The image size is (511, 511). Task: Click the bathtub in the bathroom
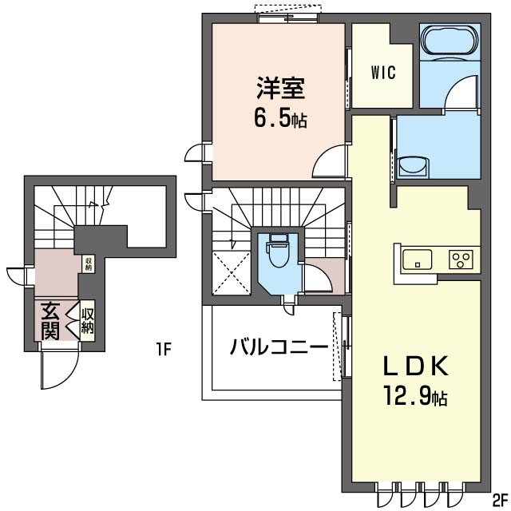[450, 42]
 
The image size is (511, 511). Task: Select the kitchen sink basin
[417, 259]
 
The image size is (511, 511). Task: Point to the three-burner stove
[461, 259]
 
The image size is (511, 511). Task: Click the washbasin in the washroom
[413, 167]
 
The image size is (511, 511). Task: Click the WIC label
[383, 73]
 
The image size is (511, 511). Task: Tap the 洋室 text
[280, 87]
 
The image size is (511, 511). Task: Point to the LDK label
[416, 366]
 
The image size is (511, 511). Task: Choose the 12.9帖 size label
[415, 395]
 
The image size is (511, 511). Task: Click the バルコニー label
[279, 347]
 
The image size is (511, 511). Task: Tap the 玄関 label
[50, 321]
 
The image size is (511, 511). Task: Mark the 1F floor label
[163, 350]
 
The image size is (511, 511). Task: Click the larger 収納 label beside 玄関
[87, 321]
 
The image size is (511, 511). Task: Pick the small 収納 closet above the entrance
[89, 264]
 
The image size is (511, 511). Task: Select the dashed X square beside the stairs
[231, 273]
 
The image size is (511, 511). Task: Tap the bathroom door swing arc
[461, 91]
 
